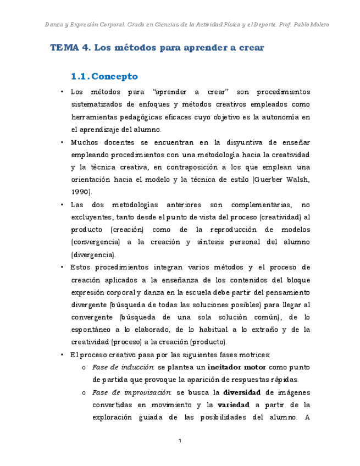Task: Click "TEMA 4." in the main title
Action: pyautogui.click(x=70, y=48)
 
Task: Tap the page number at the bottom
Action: pyautogui.click(x=180, y=441)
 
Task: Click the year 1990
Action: pyautogui.click(x=80, y=191)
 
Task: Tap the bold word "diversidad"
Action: pyautogui.click(x=244, y=392)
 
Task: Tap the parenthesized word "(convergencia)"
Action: pyautogui.click(x=97, y=242)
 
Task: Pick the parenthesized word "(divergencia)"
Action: pyautogui.click(x=93, y=254)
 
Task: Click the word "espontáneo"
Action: pyautogui.click(x=93, y=329)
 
